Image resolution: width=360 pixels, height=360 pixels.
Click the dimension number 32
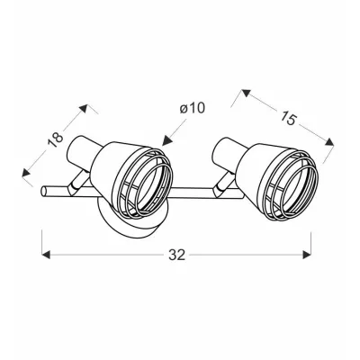tap(177, 255)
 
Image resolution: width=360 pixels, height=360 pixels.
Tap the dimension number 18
tap(56, 139)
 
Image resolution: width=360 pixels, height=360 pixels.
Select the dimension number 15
tap(288, 118)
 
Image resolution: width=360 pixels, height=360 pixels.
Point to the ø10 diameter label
tap(193, 108)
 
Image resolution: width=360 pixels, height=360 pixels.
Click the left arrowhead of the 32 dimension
tap(46, 255)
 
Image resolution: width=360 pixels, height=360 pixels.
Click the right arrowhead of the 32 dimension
tap(307, 255)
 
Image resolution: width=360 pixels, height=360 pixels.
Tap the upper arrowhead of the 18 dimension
tap(84, 108)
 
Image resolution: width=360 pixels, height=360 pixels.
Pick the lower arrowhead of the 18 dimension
tap(26, 174)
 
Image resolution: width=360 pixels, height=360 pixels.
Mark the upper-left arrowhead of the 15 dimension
tap(246, 94)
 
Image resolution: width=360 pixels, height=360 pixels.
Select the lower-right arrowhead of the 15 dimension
tap(329, 142)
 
